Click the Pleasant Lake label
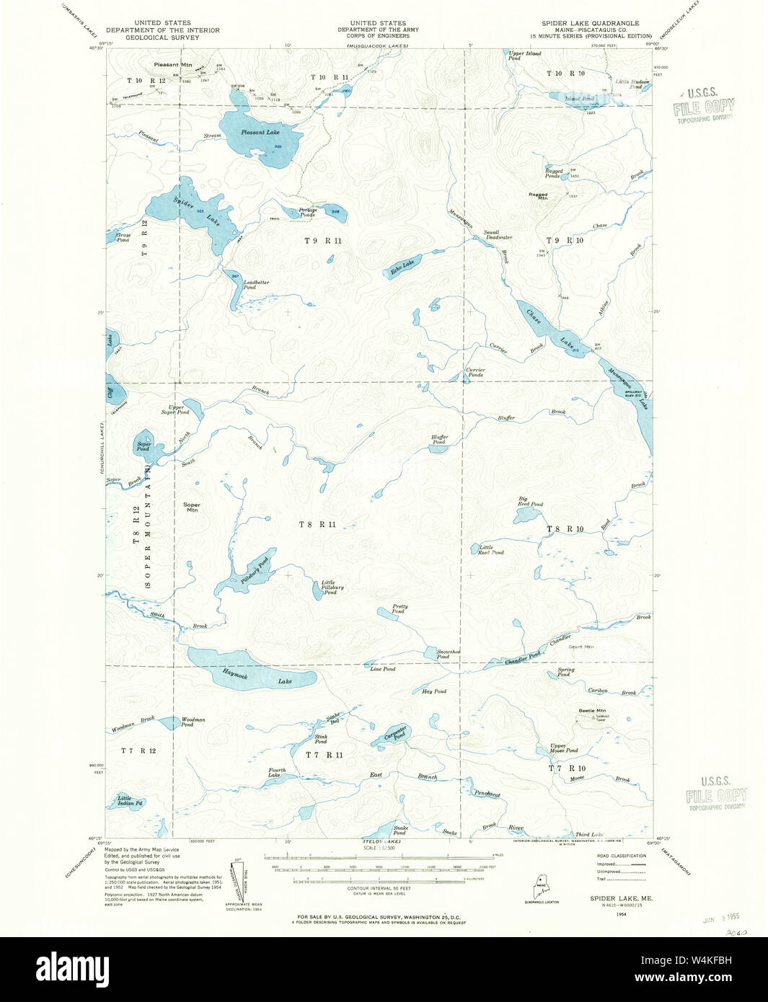coord(260,133)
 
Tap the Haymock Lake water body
coord(252,670)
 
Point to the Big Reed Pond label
coord(531,502)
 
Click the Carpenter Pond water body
coord(392,736)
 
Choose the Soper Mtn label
coord(192,507)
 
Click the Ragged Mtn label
coord(538,196)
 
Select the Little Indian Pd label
coord(131,799)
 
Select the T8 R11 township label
coord(317,524)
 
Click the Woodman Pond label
coord(193,722)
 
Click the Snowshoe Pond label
coord(443,654)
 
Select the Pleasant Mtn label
coord(173,64)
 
